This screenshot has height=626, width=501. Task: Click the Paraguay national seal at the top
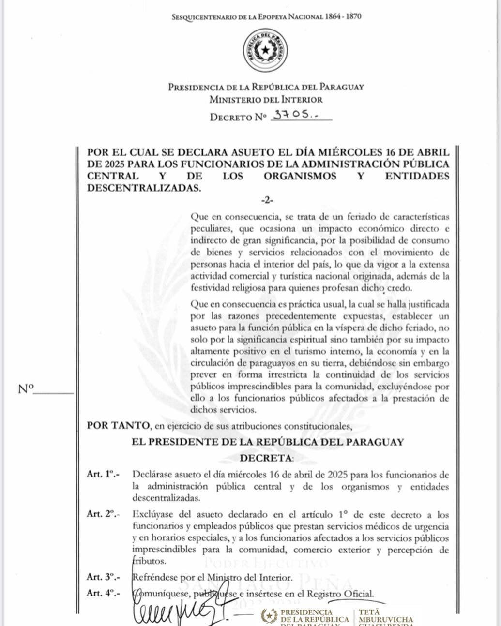coord(265,50)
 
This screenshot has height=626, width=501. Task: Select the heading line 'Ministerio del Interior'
coord(266,100)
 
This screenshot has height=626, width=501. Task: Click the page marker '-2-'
coord(267,200)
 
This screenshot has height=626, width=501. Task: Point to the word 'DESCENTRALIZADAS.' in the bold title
coord(144,188)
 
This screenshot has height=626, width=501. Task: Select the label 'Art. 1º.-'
coord(103,474)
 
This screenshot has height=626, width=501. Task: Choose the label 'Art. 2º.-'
coord(103,514)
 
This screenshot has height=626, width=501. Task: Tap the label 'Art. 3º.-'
coord(103,577)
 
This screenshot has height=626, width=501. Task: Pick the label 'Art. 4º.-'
coord(103,594)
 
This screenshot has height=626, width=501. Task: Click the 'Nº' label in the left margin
coord(26,388)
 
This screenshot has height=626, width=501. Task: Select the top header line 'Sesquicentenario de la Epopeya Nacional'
coord(266,17)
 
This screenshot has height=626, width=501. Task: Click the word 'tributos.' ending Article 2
coord(149,561)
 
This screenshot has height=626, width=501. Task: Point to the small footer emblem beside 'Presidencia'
coord(269,616)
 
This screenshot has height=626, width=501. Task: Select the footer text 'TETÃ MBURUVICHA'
coord(386,616)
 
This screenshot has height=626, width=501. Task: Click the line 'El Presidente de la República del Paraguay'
coord(267,442)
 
